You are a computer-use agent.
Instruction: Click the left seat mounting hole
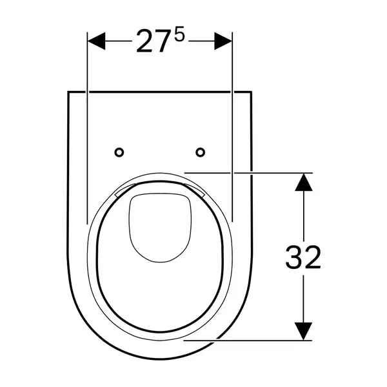coord(119,152)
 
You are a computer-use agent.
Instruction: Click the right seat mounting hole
coord(200,152)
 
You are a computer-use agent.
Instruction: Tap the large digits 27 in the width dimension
coord(151,41)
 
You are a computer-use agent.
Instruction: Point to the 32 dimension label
coord(303,257)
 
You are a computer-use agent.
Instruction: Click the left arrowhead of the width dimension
coord(97,41)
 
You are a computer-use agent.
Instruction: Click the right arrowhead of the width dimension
coord(223,41)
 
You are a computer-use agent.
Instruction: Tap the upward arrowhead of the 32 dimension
coord(304,182)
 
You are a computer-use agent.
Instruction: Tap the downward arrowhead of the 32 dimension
coord(304,332)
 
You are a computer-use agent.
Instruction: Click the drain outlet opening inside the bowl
coord(160,227)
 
